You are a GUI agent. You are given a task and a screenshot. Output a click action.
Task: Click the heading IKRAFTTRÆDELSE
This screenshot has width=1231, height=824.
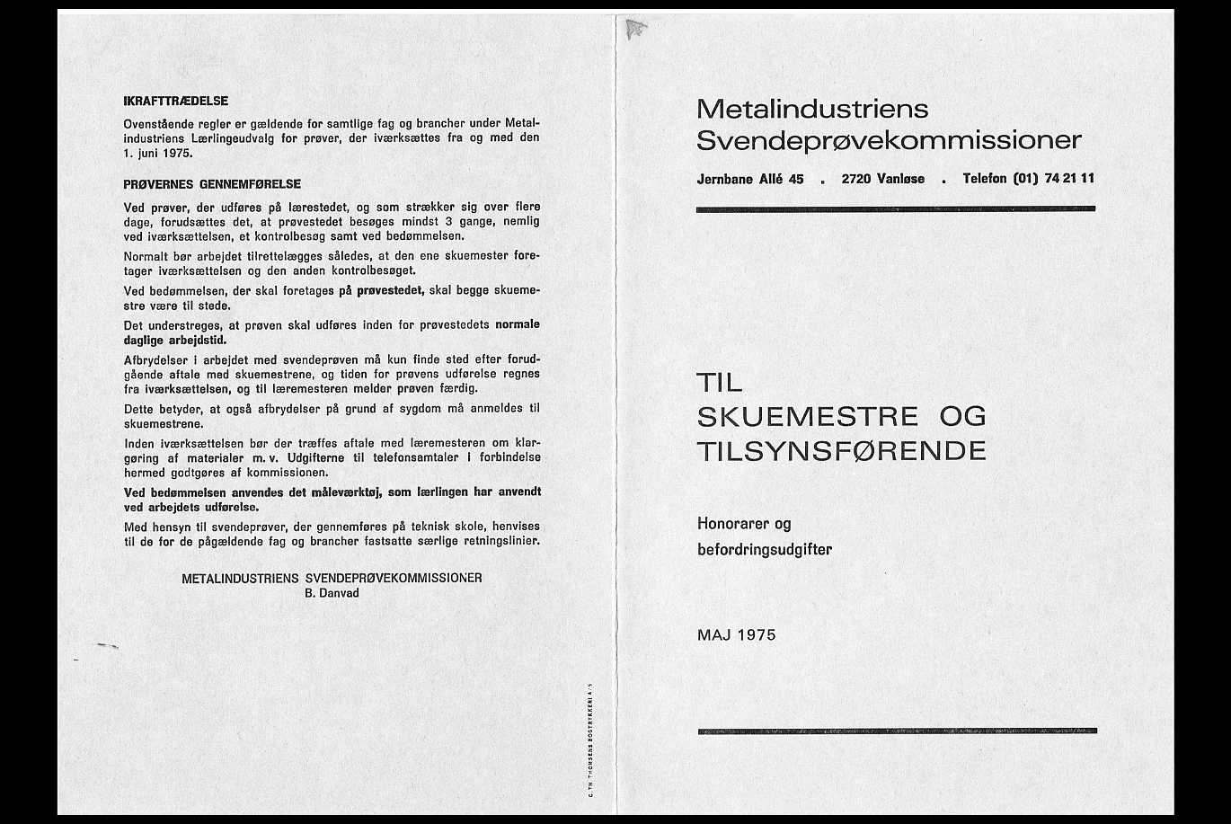175,102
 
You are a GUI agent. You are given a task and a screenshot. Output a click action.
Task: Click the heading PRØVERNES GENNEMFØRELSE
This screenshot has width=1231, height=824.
212,184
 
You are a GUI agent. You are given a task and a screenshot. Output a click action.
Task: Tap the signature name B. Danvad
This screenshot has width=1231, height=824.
332,593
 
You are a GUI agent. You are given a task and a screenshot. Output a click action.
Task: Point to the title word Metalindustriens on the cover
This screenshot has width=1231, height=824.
812,110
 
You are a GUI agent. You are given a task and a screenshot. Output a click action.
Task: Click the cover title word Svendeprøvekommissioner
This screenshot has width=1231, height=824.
889,141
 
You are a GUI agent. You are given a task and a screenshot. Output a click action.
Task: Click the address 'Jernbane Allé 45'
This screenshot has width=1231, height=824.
750,179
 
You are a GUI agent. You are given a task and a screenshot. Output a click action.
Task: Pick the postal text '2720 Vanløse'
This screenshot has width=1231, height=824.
882,179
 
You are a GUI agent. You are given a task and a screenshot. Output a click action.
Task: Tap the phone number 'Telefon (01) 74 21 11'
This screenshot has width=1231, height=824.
1028,178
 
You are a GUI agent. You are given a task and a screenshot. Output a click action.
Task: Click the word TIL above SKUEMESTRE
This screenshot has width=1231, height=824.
720,384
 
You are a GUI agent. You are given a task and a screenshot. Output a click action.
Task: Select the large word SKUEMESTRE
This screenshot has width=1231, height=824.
808,417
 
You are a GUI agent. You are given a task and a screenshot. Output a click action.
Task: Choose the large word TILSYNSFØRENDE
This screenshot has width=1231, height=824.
841,450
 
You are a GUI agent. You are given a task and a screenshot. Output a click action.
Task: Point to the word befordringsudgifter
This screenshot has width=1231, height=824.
764,549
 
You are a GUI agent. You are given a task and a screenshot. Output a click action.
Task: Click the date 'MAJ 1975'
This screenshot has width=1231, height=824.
736,635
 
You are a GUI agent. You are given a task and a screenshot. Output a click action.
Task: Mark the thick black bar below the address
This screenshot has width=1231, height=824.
896,208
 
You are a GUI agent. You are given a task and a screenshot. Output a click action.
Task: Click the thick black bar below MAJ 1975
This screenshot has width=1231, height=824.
897,731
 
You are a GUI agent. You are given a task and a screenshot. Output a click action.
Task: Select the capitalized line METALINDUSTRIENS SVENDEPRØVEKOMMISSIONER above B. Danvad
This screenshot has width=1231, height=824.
332,578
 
